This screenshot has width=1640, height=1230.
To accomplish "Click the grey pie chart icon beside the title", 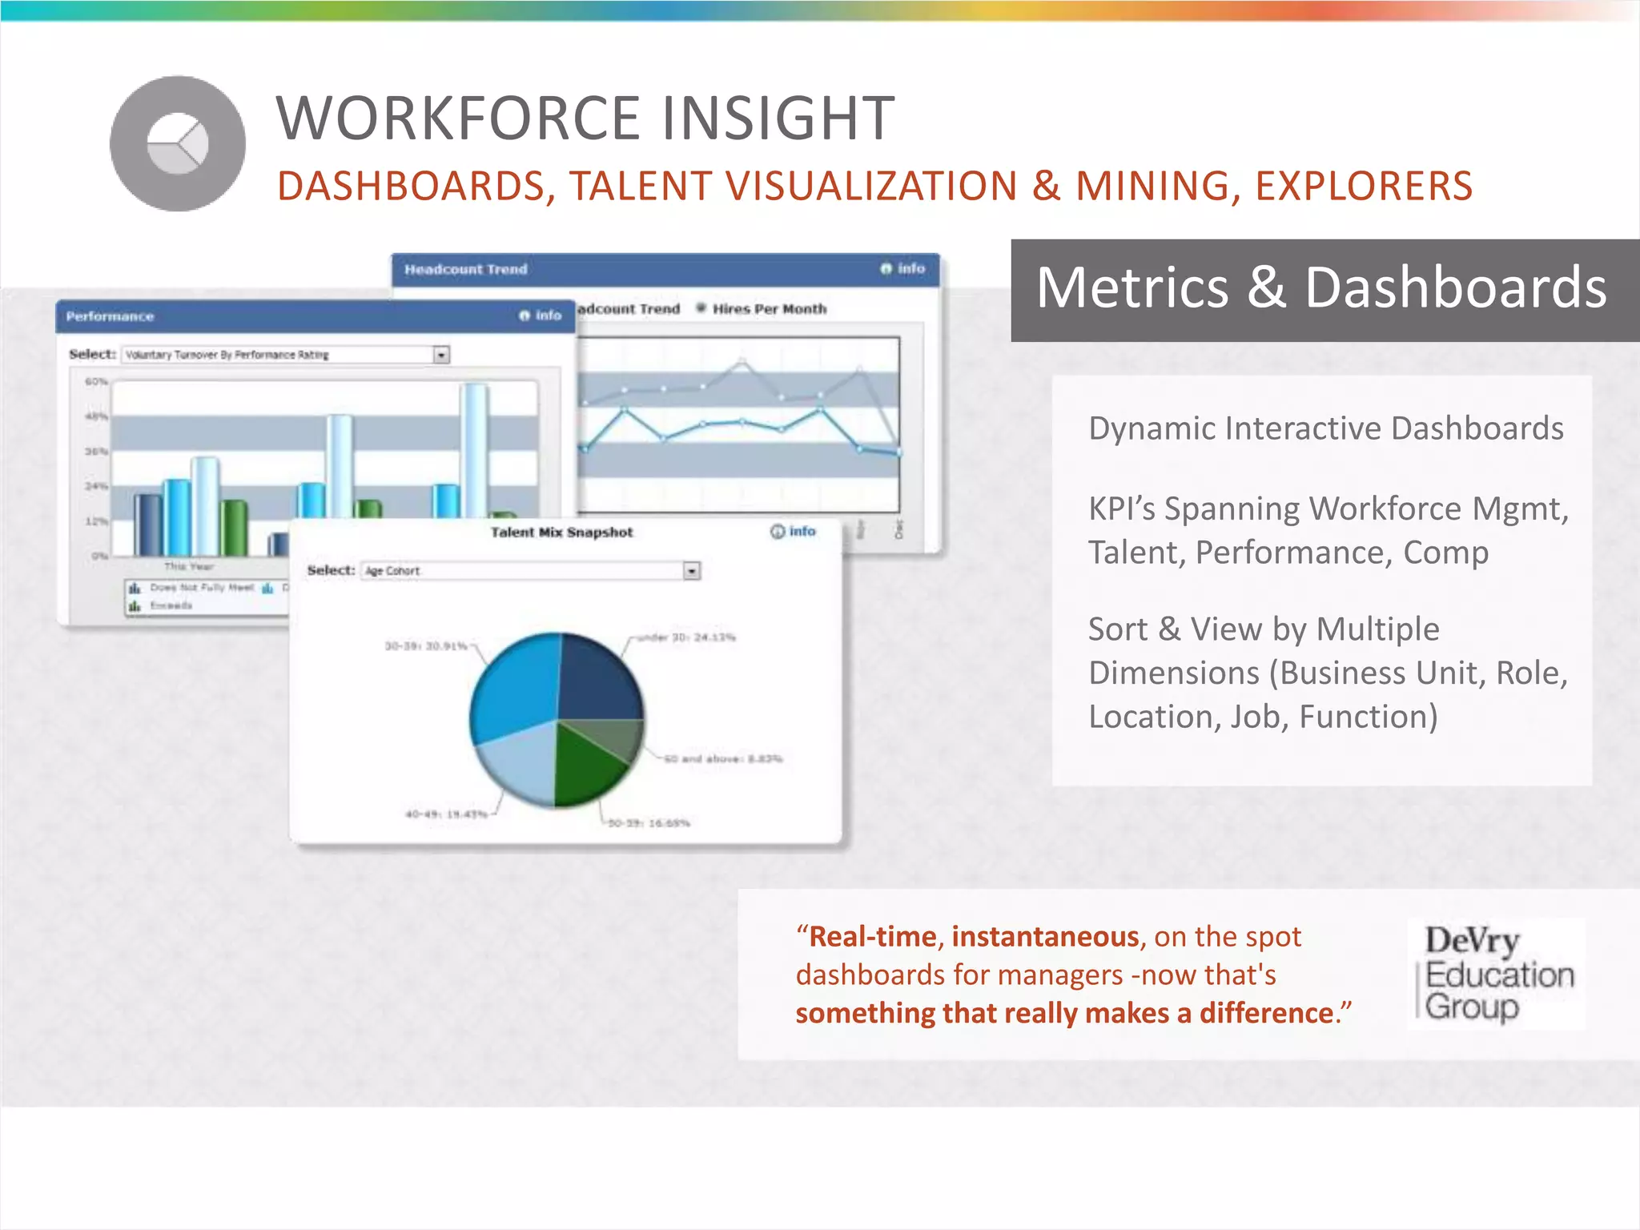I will (178, 144).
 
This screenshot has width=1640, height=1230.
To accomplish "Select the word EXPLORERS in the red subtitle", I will (1363, 186).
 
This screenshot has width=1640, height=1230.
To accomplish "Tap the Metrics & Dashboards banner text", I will (1321, 287).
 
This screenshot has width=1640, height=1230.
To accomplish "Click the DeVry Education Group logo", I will (1497, 974).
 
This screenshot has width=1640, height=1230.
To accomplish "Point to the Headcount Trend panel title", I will (465, 270).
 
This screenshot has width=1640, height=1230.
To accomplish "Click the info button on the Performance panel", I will (541, 316).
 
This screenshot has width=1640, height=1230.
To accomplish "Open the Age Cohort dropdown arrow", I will (692, 571).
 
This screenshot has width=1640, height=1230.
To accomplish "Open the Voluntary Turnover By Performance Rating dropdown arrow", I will (441, 355).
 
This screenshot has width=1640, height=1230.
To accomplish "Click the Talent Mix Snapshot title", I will (561, 533).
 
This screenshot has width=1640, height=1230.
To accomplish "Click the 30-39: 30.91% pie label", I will (426, 645).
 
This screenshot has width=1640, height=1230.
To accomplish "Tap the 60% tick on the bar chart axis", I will (96, 382).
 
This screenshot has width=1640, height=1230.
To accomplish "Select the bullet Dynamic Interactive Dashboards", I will (1325, 428).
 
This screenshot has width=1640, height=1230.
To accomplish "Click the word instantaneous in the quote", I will (1045, 936).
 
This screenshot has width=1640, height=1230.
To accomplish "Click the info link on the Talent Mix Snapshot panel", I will (794, 532).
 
